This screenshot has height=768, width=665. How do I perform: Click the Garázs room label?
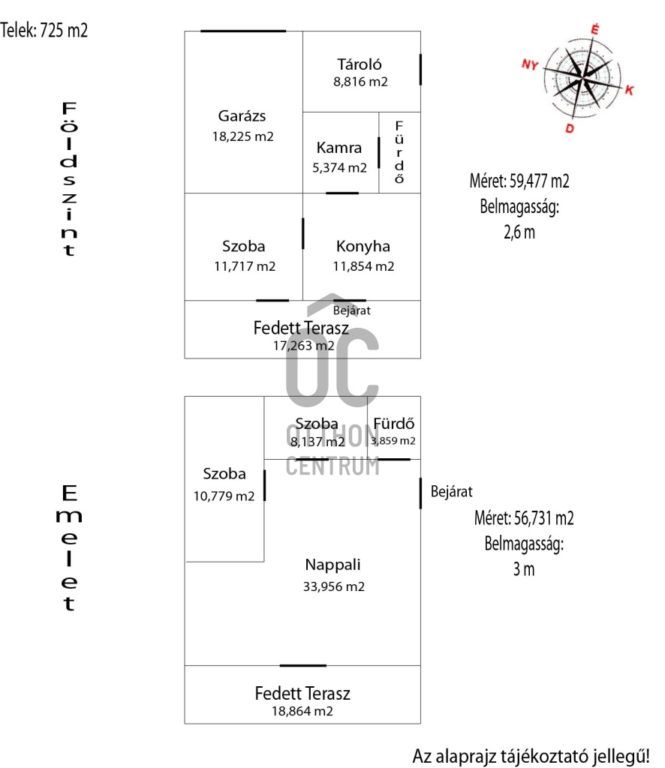(x=242, y=116)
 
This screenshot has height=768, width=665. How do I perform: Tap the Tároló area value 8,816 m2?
(x=360, y=82)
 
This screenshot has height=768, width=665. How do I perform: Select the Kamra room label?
(x=339, y=148)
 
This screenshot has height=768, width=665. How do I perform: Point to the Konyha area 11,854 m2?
(x=363, y=266)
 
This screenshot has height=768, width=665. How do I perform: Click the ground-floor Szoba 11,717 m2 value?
(x=245, y=266)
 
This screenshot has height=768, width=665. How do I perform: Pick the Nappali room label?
(x=332, y=565)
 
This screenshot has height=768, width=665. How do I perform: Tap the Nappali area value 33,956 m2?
(x=334, y=586)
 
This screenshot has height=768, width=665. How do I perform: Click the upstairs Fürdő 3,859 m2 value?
(x=393, y=441)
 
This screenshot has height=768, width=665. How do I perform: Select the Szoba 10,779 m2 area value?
(x=224, y=496)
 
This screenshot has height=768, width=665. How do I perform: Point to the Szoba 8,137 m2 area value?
(x=317, y=442)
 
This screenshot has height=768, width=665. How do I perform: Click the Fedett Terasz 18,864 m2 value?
(x=302, y=711)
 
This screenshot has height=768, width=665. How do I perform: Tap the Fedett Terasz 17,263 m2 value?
(x=304, y=346)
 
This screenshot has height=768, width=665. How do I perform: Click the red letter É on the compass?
(x=594, y=29)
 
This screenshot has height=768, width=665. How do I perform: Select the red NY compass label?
(x=530, y=64)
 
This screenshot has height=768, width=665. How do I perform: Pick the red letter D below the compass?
(x=570, y=128)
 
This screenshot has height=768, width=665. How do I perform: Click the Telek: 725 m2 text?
(x=44, y=30)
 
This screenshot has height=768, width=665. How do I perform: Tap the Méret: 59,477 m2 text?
(x=519, y=181)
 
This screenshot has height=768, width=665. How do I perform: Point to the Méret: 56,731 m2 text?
(x=524, y=518)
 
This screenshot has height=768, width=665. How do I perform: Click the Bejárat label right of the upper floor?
(x=451, y=491)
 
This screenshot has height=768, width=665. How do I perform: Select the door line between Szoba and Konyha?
(x=302, y=234)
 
